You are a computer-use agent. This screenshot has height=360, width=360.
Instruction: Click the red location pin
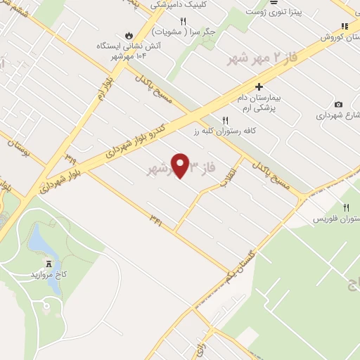(181, 165)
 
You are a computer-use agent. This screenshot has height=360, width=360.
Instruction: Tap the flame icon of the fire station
(128, 34)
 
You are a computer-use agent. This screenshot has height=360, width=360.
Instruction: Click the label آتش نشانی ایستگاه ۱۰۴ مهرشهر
(128, 51)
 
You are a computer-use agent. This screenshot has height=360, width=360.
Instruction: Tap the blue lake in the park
(40, 243)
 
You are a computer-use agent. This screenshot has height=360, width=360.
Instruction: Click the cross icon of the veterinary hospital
(259, 86)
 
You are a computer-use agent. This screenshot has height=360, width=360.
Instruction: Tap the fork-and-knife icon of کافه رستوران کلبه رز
(225, 120)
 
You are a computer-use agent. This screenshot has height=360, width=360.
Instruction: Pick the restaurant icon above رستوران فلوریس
(345, 207)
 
